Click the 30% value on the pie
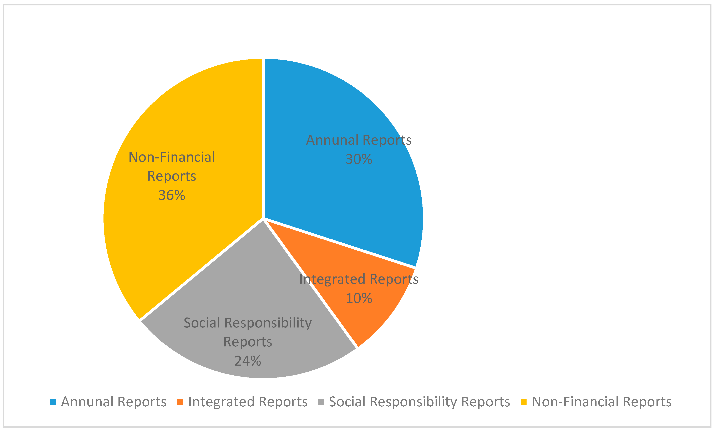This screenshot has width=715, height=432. point(359,159)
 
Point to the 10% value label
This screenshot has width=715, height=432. point(359,298)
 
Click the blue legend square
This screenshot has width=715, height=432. point(53,402)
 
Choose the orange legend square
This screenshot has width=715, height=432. point(180,402)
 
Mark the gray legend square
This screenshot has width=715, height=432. point(321,402)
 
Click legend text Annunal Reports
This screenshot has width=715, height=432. point(113,402)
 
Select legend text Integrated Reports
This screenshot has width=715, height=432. point(248,402)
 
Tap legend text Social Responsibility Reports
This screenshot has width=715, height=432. point(419,402)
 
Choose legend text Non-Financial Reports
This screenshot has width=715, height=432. point(602,402)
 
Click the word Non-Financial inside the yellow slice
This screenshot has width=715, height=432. point(172,157)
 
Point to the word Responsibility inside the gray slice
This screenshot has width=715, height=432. point(268,323)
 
